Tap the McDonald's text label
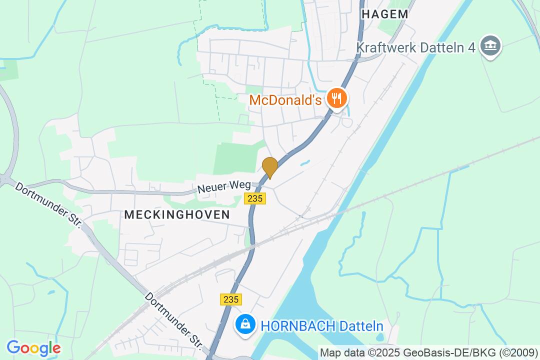pyautogui.click(x=285, y=100)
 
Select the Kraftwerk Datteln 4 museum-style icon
pyautogui.click(x=490, y=46)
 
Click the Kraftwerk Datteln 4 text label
pyautogui.click(x=415, y=47)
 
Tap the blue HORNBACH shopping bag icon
pyautogui.click(x=245, y=325)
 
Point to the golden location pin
pyautogui.click(x=270, y=167)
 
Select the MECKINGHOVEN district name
pyautogui.click(x=177, y=214)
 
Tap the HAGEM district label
pyautogui.click(x=384, y=14)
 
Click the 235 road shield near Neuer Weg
pyautogui.click(x=255, y=198)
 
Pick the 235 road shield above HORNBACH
pyautogui.click(x=230, y=299)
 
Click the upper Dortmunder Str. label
pyautogui.click(x=47, y=205)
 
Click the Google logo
pyautogui.click(x=33, y=348)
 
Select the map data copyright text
pyautogui.click(x=428, y=352)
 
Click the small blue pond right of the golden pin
pyautogui.click(x=303, y=163)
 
